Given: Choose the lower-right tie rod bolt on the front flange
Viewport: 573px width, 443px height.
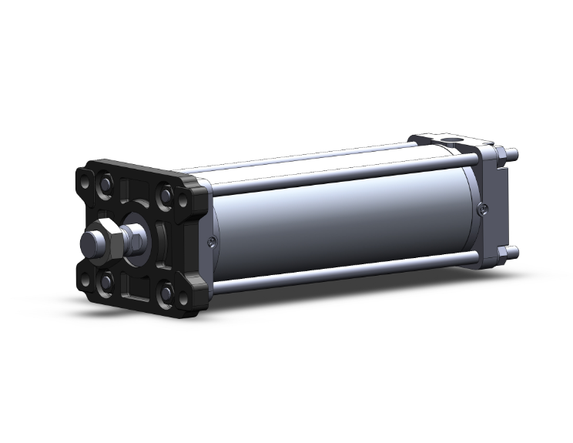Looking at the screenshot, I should pos(166,292).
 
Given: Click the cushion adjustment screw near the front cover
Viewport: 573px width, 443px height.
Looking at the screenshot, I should pos(213,242).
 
